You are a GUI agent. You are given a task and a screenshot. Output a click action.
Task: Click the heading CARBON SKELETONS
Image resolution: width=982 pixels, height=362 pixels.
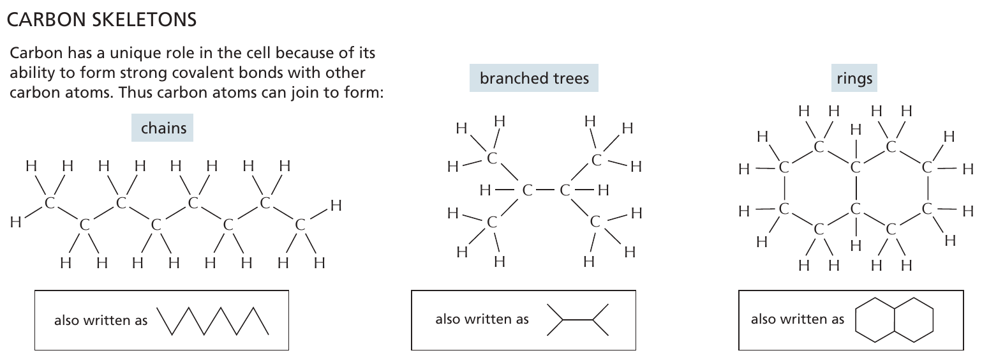click(x=101, y=20)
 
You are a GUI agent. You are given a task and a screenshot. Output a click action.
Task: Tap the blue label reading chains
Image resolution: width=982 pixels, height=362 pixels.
click(x=163, y=128)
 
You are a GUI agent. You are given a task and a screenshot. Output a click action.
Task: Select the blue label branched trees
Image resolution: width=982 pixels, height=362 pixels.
click(x=534, y=79)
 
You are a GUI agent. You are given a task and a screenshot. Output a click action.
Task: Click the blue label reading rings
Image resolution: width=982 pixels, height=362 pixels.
click(x=854, y=79)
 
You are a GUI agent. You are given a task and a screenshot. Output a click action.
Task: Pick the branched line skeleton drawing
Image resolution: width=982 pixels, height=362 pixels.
click(x=578, y=320)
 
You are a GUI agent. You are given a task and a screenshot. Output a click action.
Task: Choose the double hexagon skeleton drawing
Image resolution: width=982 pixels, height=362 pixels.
click(x=894, y=319)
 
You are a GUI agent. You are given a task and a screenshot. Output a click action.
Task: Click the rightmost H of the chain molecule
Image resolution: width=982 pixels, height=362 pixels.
click(x=336, y=206)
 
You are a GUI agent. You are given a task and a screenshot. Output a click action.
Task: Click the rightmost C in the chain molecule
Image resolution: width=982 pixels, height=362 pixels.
click(x=300, y=224)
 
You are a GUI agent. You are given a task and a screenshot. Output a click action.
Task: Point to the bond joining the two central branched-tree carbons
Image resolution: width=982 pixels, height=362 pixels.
click(x=546, y=190)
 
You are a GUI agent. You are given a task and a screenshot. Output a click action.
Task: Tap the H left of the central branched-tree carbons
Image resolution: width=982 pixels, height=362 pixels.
click(x=485, y=190)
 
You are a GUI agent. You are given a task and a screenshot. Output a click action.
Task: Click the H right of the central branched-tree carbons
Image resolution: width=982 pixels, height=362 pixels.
click(x=604, y=190)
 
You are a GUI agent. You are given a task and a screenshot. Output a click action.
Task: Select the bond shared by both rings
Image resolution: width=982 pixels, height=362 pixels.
click(x=856, y=188)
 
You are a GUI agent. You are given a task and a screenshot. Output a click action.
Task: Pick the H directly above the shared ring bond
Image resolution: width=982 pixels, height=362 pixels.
click(x=856, y=130)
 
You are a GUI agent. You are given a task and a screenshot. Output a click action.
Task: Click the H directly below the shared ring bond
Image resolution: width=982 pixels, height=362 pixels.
click(x=856, y=245)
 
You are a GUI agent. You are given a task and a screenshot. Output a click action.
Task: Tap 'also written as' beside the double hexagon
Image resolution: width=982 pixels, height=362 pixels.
click(x=797, y=319)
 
